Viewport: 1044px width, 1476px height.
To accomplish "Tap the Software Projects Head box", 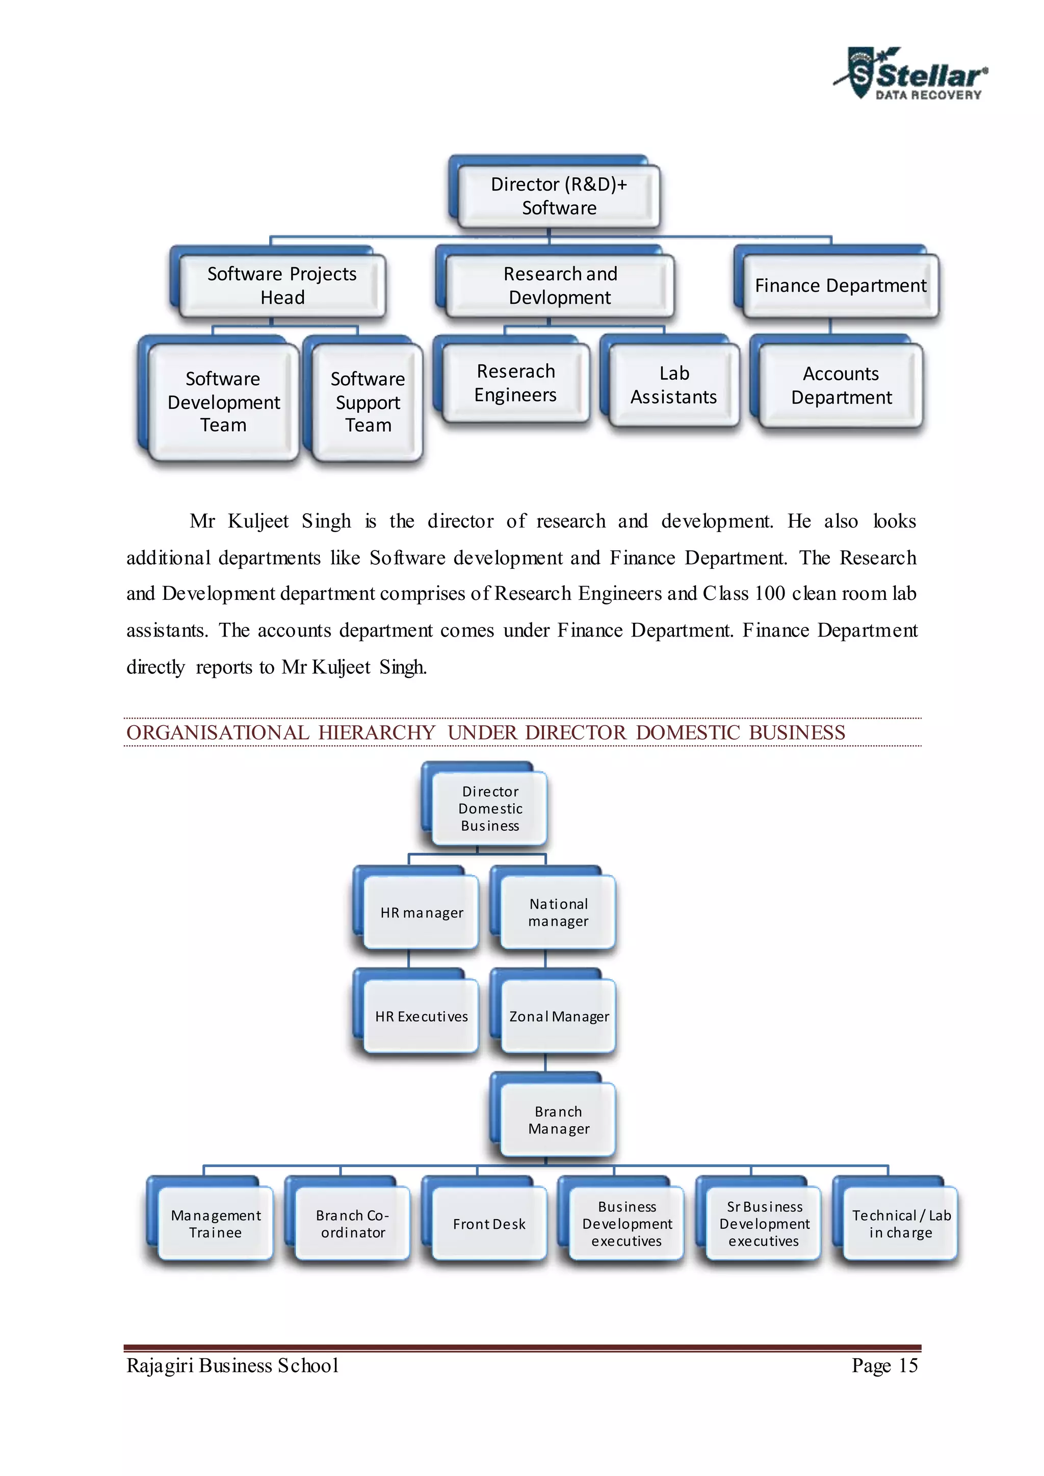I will point(282,285).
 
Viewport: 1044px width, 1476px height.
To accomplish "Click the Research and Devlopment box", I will point(559,285).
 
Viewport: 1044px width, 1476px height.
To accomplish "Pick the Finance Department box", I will point(840,285).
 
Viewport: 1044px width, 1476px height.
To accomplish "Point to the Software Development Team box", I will point(223,402).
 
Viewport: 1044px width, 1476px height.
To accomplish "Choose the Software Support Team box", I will point(367,402).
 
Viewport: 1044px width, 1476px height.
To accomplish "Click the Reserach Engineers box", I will point(515,383).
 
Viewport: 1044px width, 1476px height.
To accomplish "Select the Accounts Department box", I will point(841,385).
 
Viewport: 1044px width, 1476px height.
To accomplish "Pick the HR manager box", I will point(421,912).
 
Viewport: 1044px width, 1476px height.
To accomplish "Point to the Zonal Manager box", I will point(558,1016).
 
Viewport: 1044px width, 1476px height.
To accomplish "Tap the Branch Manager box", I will point(558,1120).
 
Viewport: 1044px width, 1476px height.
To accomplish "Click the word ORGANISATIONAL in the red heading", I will point(217,732).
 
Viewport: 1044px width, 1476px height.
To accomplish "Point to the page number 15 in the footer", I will point(908,1365).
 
